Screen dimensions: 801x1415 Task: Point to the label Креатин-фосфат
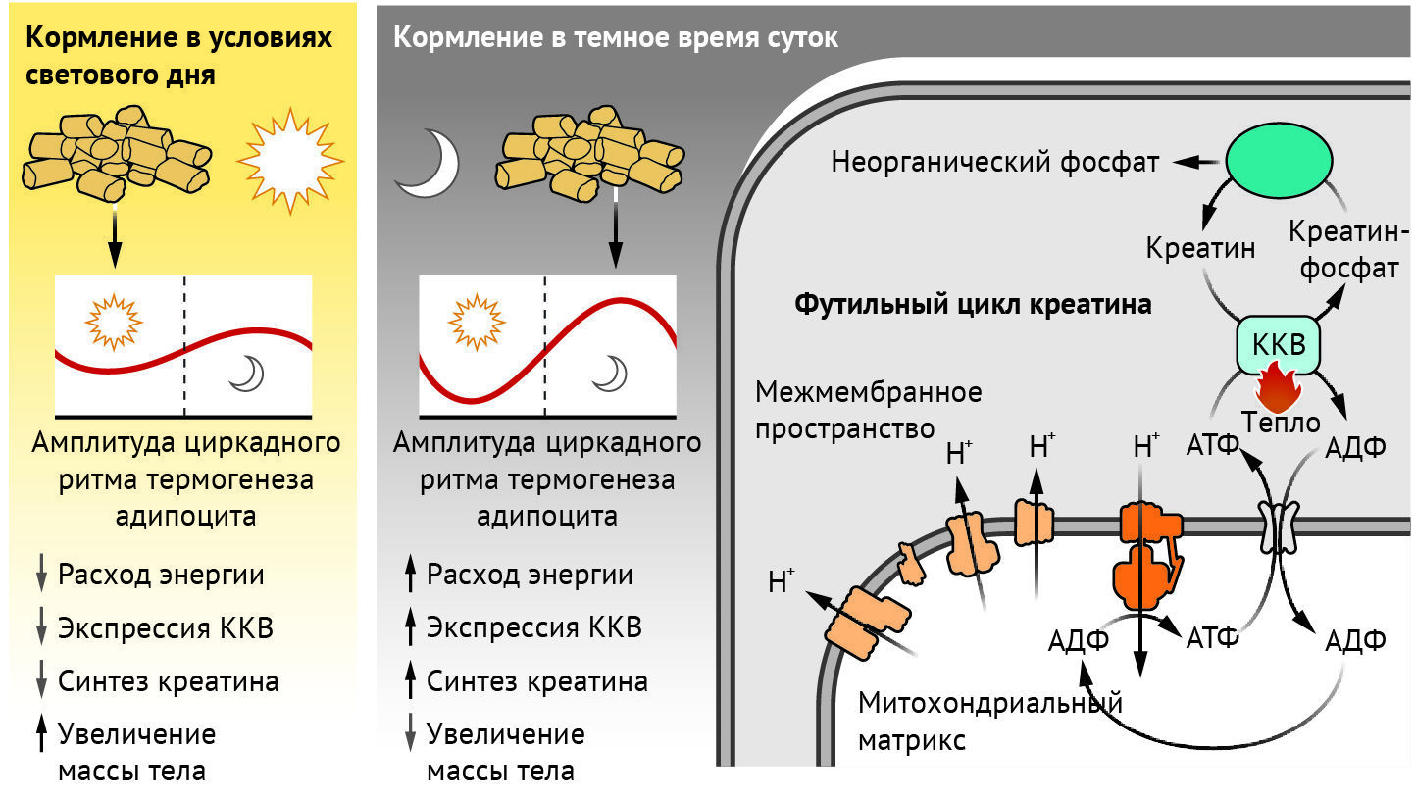[1347, 250]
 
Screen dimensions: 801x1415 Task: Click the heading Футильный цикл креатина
[972, 304]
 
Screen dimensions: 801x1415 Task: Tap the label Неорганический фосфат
[995, 161]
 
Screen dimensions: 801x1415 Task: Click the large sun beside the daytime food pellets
[290, 160]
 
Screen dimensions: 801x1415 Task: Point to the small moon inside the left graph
[247, 373]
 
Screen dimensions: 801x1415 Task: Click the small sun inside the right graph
[477, 321]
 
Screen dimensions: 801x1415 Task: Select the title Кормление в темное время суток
[615, 38]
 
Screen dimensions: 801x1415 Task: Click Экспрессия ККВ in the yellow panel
[165, 628]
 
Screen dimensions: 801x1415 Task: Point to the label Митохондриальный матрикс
[988, 721]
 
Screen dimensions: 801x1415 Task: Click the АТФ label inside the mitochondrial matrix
[1212, 638]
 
